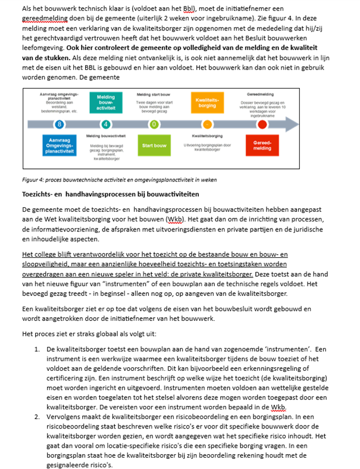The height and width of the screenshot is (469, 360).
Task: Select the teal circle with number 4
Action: (105, 124)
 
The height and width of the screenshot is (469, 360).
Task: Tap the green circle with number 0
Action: (154, 124)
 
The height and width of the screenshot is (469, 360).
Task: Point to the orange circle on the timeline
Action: (206, 124)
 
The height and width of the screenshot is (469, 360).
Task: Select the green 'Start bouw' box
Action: (154, 146)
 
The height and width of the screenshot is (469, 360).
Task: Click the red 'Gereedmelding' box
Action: (263, 146)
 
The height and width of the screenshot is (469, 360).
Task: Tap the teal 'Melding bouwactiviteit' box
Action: (105, 102)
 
